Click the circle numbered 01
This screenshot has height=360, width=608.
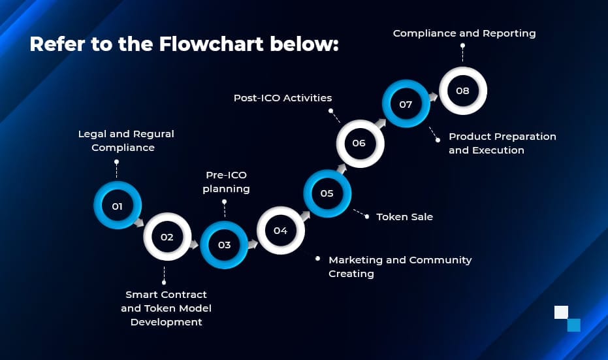(118, 206)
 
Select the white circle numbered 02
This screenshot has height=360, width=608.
(167, 237)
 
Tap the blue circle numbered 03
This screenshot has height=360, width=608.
(224, 245)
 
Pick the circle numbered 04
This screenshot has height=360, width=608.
(280, 230)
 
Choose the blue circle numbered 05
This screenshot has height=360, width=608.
(327, 193)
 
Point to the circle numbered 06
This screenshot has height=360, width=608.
(359, 143)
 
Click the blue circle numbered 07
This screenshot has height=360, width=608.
(406, 104)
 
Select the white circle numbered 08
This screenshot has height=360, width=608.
(462, 91)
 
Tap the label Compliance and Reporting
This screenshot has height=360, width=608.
(464, 33)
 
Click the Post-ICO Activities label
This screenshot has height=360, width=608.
(283, 98)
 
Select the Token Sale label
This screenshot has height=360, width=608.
(404, 216)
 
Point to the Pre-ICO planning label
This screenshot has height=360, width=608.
(226, 182)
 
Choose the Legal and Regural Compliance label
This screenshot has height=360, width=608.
(126, 140)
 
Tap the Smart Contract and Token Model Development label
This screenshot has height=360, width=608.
(166, 308)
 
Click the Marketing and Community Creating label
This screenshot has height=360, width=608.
(400, 267)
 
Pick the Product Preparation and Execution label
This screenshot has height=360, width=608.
(502, 143)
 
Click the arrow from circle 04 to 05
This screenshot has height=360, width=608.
(304, 215)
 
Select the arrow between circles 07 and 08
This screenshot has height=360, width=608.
(434, 96)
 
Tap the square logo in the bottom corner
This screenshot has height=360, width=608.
(567, 318)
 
